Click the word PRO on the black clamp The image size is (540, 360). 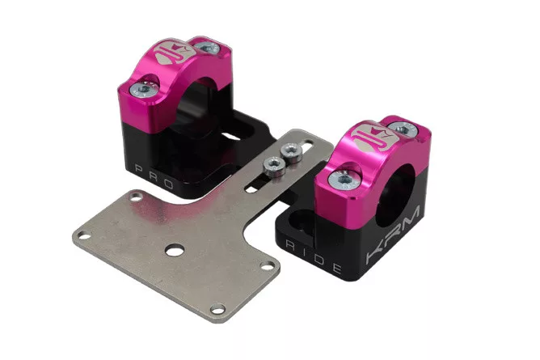(154, 176)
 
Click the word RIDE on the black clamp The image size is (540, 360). (314, 256)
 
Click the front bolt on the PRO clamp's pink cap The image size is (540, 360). (144, 89)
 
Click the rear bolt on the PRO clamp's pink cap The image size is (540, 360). (207, 47)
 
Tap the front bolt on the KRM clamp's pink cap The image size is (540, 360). (344, 180)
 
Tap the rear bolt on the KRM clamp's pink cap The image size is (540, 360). (403, 129)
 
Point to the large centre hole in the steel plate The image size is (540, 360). (175, 250)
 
